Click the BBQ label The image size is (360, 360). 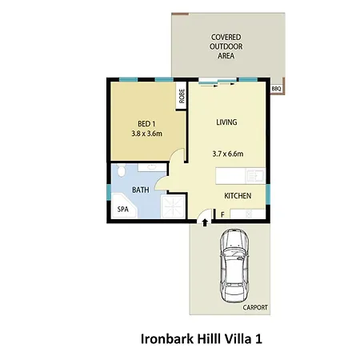[x=276, y=89]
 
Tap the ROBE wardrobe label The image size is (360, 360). [x=182, y=96]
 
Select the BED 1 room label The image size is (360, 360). [x=146, y=124]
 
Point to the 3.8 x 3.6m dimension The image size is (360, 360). [x=146, y=134]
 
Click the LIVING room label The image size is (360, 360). [x=226, y=122]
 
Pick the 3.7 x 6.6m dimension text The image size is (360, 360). [x=228, y=154]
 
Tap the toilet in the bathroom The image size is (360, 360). [x=122, y=170]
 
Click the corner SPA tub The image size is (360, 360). [x=124, y=206]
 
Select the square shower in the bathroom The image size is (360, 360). [x=173, y=206]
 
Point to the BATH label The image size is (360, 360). [x=141, y=190]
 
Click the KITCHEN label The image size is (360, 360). [x=238, y=196]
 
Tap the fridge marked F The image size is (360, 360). [x=222, y=214]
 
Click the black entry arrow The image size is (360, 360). [x=205, y=222]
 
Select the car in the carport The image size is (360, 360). [x=234, y=266]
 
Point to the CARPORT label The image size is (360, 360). [x=255, y=307]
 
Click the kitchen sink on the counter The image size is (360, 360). [x=256, y=176]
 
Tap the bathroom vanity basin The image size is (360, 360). [x=152, y=167]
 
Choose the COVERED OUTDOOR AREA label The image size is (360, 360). [x=226, y=46]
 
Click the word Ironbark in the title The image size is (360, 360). [x=167, y=339]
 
